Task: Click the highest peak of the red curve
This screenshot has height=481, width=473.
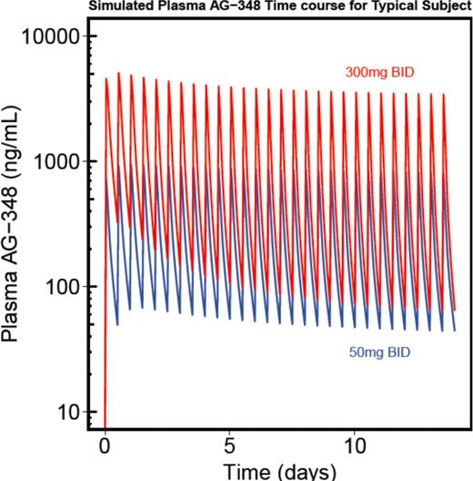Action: [x=118, y=73]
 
